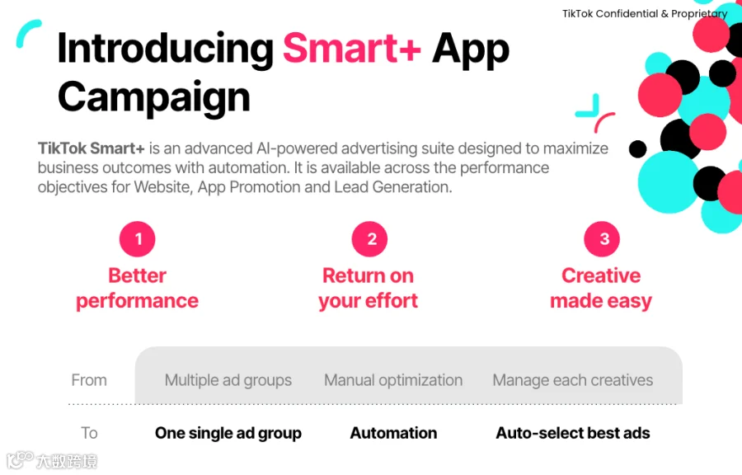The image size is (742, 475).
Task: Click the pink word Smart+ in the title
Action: tap(351, 49)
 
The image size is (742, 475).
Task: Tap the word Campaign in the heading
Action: tap(154, 98)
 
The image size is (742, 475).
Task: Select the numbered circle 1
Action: tap(137, 239)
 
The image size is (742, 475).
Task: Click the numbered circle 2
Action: tap(369, 239)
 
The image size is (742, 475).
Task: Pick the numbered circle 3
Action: tap(602, 239)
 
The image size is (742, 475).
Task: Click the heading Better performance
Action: tap(137, 288)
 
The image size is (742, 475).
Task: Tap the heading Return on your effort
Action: tap(369, 288)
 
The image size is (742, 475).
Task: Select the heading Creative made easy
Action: tap(601, 288)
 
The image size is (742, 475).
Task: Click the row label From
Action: tap(89, 380)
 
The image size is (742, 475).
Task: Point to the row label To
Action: tap(89, 433)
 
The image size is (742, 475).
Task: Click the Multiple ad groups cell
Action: tap(228, 380)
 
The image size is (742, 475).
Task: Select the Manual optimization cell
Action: tap(393, 380)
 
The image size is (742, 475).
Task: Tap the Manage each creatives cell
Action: tap(573, 380)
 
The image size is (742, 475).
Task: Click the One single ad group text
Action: tap(228, 434)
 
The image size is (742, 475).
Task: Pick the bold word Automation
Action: tap(394, 433)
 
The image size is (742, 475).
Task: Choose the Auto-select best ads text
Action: tap(573, 433)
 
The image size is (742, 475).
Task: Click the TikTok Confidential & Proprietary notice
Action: tap(645, 14)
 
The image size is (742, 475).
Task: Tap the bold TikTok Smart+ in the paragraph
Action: tap(91, 148)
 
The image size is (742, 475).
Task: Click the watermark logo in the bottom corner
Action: tap(21, 460)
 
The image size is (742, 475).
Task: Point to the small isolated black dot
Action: tap(638, 149)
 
